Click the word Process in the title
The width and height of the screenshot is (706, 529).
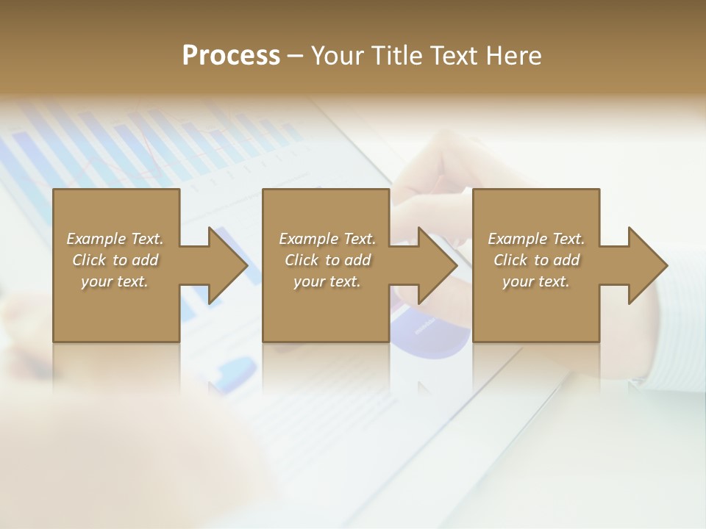tap(231, 56)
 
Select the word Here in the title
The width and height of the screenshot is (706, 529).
tap(513, 56)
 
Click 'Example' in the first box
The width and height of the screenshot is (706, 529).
tap(96, 239)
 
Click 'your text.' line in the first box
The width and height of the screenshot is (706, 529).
tap(115, 281)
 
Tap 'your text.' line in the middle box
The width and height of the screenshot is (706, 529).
tap(327, 281)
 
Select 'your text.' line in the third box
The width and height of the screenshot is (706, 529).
tap(536, 281)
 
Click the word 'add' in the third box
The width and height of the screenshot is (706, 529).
tap(567, 260)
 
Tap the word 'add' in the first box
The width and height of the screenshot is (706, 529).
tap(146, 260)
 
